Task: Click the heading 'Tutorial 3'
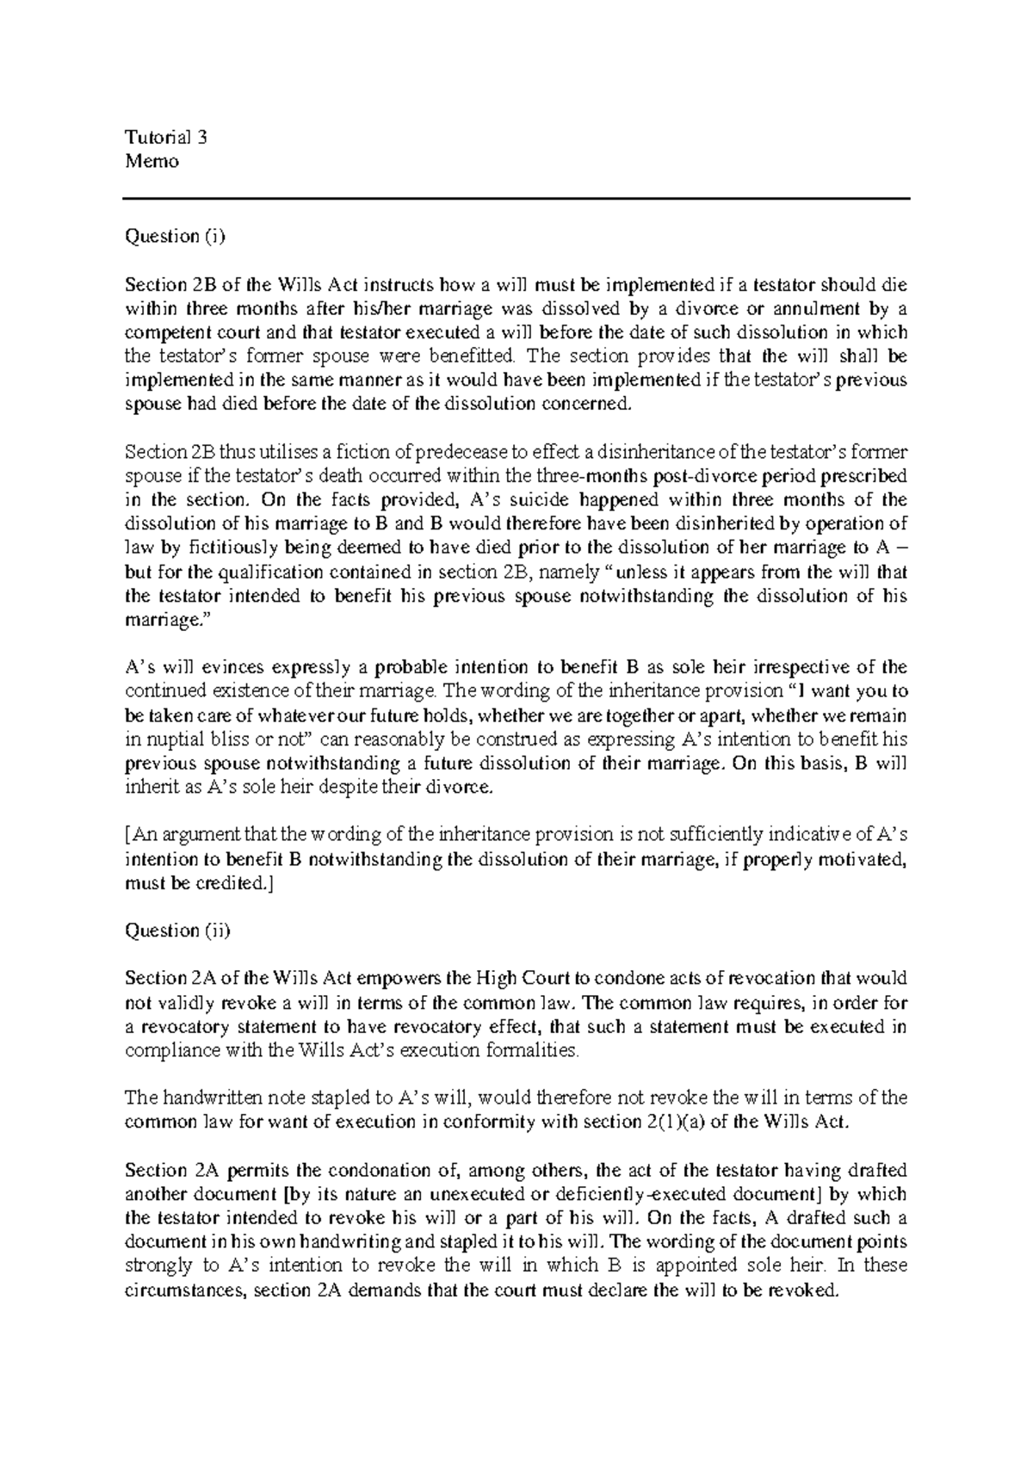167,137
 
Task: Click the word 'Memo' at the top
152,161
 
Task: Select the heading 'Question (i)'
174,237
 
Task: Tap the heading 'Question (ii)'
177,931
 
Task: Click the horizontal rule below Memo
516,199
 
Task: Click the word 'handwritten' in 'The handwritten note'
201,1098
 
